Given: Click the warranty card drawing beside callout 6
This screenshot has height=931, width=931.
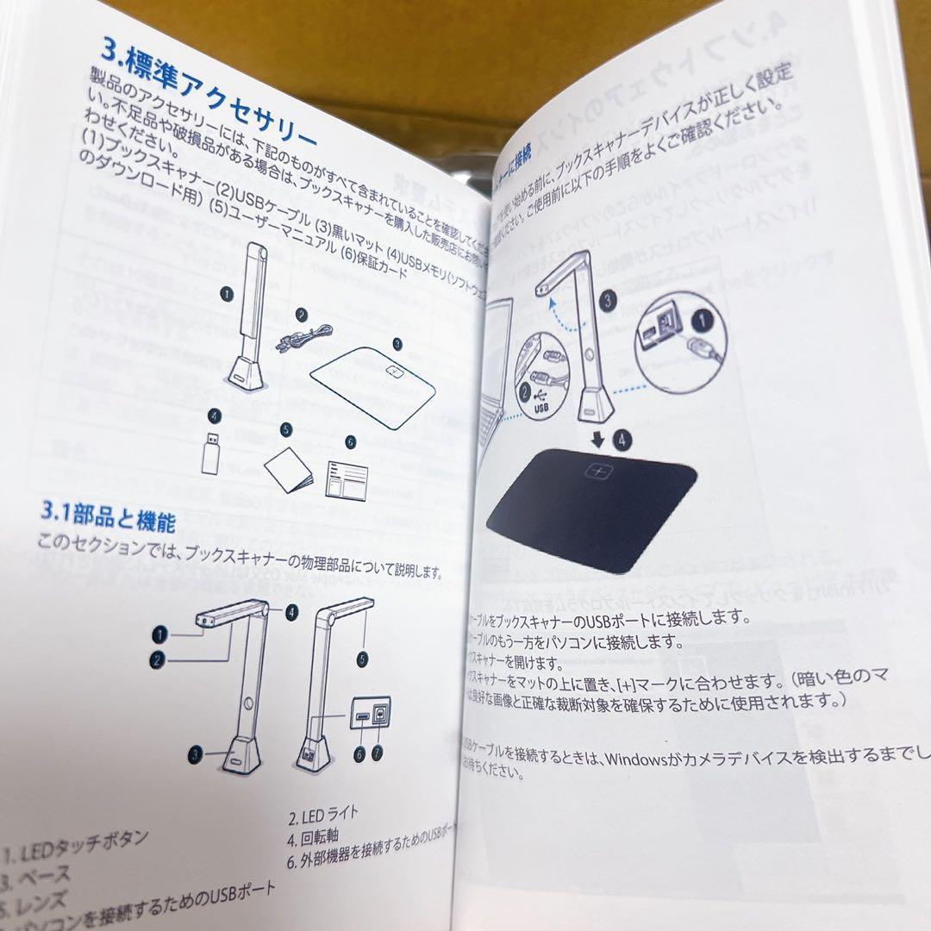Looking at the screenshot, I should [347, 477].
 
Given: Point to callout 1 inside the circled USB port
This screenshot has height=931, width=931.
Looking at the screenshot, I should [703, 323].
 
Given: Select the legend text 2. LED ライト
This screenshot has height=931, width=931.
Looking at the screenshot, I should [323, 814].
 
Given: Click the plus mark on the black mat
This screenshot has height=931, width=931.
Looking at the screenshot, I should [597, 471].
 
